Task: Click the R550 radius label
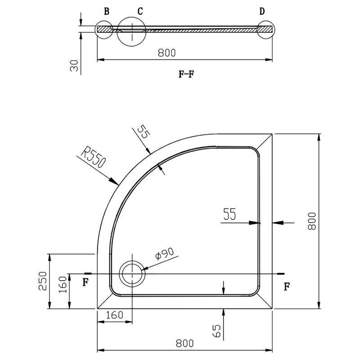[x=93, y=159]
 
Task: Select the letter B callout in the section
[x=107, y=12]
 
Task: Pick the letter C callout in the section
[x=140, y=12]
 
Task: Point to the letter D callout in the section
[x=262, y=12]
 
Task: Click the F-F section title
[x=186, y=74]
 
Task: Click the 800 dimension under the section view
[x=166, y=53]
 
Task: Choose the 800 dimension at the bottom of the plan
[x=185, y=343]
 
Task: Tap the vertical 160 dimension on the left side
[x=63, y=285]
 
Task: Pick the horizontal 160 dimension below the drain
[x=115, y=315]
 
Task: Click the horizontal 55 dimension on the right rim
[x=229, y=215]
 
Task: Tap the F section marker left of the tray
[x=85, y=283]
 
